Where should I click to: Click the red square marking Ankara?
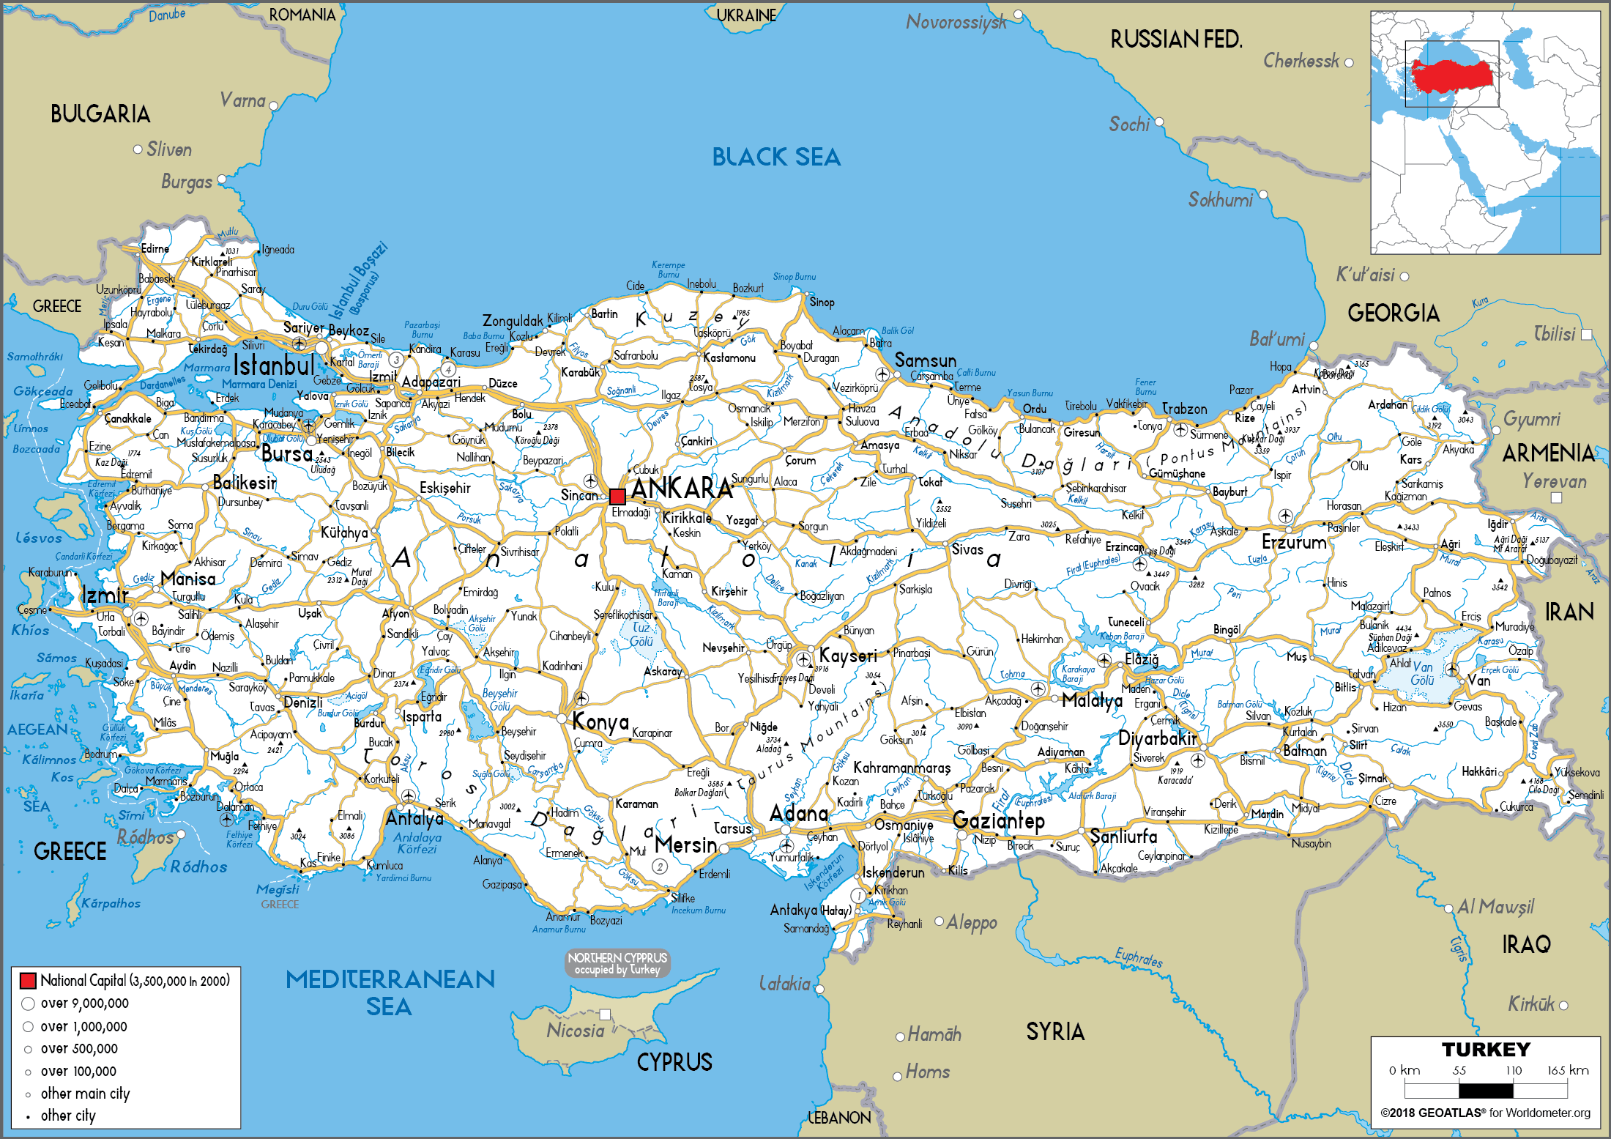click(617, 496)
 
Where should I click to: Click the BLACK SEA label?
click(776, 157)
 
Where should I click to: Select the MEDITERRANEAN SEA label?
click(390, 993)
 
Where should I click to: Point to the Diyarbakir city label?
click(1157, 738)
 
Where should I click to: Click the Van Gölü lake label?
click(1423, 674)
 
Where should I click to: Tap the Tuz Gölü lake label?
click(641, 634)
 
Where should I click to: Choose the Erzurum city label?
click(1294, 542)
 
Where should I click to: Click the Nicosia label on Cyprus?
click(576, 1031)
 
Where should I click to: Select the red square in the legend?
click(29, 980)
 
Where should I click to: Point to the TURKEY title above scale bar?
click(1486, 1050)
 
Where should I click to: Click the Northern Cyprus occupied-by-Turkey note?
click(617, 963)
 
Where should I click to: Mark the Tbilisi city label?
click(1554, 334)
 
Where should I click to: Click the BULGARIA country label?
click(100, 114)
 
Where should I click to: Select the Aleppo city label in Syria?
click(972, 922)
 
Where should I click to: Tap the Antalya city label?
click(414, 818)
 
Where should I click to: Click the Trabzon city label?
click(1184, 409)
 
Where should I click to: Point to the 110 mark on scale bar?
click(1514, 1070)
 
